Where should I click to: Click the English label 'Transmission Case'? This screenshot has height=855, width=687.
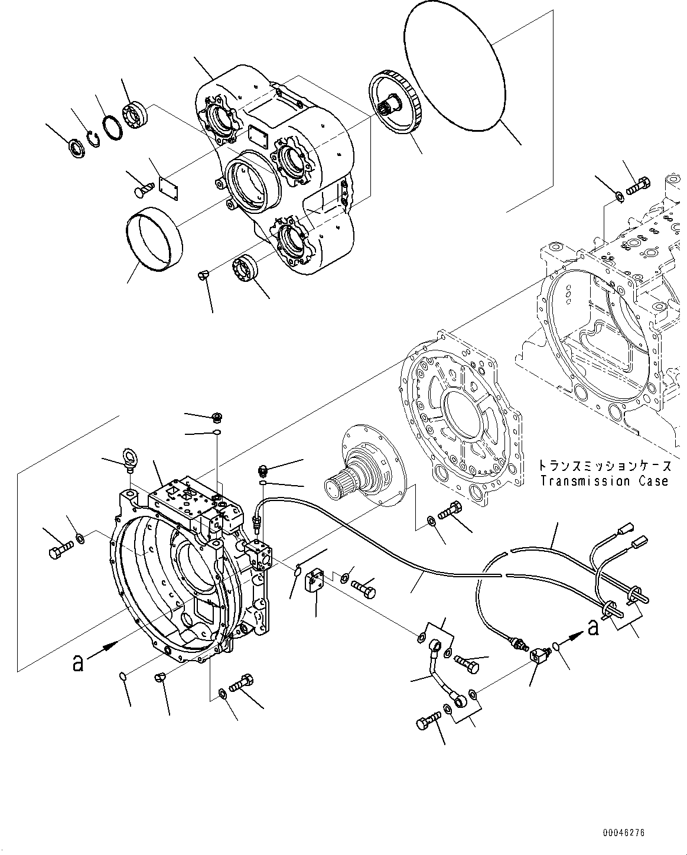point(604,481)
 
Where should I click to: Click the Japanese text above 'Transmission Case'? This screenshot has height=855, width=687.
point(604,466)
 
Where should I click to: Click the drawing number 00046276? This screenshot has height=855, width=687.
point(624,833)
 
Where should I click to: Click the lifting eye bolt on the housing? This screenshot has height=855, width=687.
point(128,460)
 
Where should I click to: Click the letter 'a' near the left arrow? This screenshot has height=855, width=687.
point(77,663)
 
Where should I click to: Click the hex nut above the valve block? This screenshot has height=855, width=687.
point(216,418)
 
